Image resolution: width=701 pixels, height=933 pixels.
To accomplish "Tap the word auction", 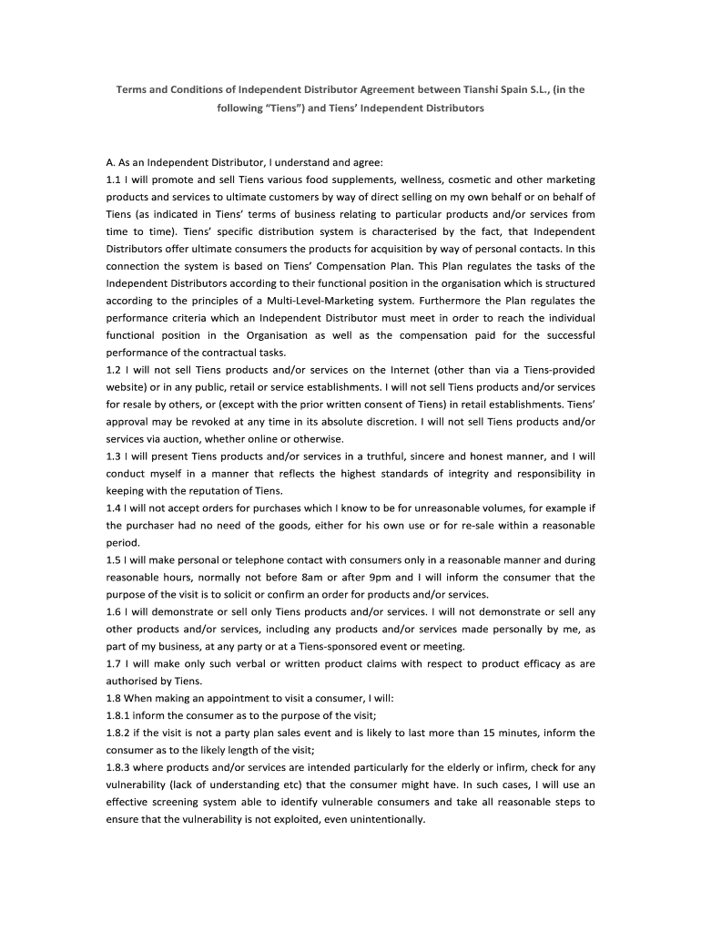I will pos(193,439).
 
